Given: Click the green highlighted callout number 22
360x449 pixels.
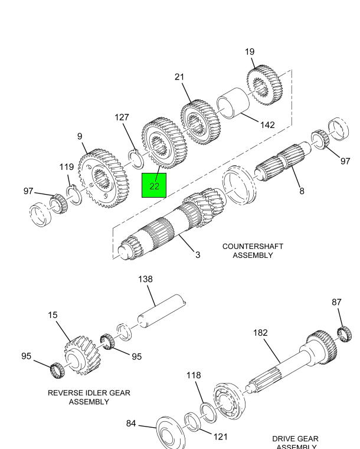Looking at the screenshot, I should [x=154, y=186].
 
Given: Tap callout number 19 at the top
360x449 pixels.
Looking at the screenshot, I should [x=250, y=52].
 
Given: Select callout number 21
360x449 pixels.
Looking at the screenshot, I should [x=179, y=77].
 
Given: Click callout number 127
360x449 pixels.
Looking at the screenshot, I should [x=122, y=117].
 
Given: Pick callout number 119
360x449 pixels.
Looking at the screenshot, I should [x=67, y=167].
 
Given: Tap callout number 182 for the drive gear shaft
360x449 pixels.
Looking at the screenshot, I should [x=260, y=333].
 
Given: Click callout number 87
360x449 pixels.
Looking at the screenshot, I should [x=337, y=302].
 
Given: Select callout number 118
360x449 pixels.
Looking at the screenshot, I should [x=194, y=375].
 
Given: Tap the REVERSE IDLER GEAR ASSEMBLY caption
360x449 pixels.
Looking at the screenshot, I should [x=89, y=397].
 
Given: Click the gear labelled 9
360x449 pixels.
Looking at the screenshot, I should [x=103, y=177].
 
